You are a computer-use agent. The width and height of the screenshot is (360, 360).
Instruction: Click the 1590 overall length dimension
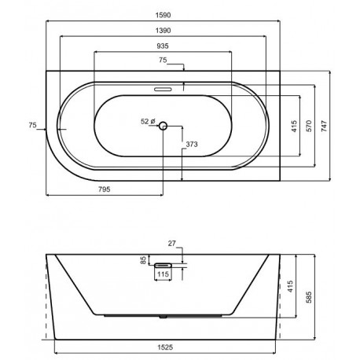[x=163, y=15]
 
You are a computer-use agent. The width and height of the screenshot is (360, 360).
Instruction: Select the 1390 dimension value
[x=163, y=31]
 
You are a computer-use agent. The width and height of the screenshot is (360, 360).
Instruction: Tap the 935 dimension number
[x=163, y=46]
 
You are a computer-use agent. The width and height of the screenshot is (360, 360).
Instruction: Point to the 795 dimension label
[x=105, y=189]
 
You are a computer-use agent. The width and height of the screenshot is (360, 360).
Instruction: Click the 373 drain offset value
[x=192, y=144]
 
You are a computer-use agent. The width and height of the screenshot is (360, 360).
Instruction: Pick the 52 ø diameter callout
[x=149, y=122]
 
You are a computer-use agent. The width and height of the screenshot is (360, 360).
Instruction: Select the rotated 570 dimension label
[x=309, y=126]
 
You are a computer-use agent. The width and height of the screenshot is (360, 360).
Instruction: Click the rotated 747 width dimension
[x=325, y=126]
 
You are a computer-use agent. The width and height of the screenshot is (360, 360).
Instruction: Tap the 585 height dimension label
[x=309, y=297]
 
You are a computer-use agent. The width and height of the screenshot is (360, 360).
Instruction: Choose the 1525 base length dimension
[x=165, y=347]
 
